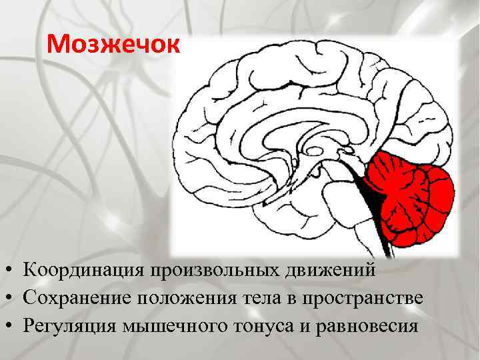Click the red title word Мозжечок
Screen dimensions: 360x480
pos(114,45)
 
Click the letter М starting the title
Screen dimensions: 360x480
pos(58,45)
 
